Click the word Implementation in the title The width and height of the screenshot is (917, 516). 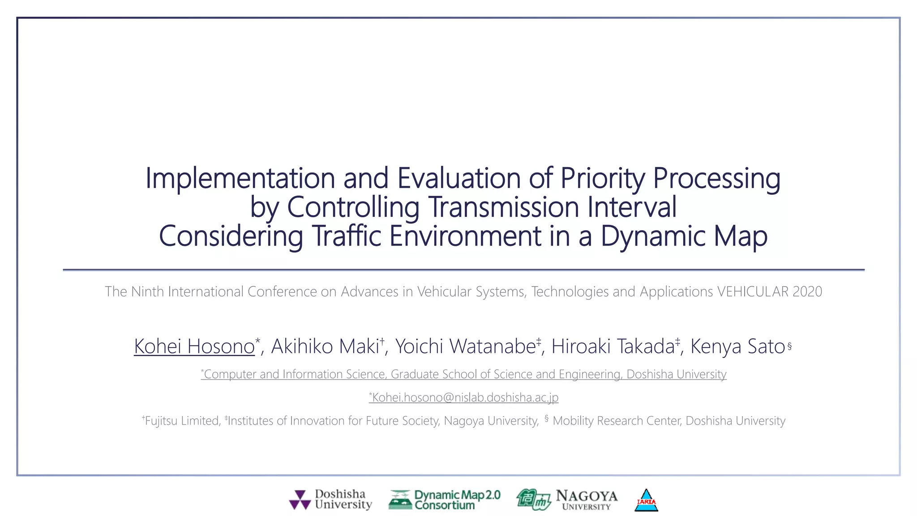(x=240, y=178)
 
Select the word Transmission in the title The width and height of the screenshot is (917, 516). (x=504, y=207)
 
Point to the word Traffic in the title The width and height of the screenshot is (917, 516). (x=346, y=236)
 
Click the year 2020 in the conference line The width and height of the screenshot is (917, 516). (x=807, y=292)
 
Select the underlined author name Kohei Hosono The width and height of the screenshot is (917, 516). (x=194, y=346)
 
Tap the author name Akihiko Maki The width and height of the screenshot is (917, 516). (x=325, y=346)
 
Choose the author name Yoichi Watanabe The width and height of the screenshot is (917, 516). (x=465, y=346)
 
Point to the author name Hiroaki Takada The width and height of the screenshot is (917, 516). (x=613, y=346)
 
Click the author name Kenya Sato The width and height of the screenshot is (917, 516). (x=737, y=346)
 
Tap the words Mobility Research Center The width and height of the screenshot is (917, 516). (x=617, y=421)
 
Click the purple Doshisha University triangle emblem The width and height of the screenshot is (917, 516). (x=300, y=500)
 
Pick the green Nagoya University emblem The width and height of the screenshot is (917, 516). (x=533, y=499)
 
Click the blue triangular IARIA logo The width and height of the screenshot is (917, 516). (x=646, y=500)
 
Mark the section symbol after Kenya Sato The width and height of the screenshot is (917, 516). (x=789, y=346)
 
